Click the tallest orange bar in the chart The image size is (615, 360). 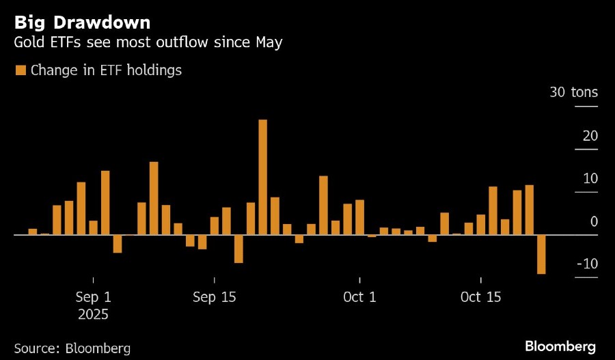click(x=262, y=177)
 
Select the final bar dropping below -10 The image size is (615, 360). click(x=541, y=254)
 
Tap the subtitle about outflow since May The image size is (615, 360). click(x=148, y=43)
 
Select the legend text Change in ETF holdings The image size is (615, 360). click(x=106, y=70)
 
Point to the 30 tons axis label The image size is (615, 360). click(x=573, y=92)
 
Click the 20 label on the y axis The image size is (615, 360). click(x=590, y=136)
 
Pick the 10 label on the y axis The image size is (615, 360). click(x=590, y=179)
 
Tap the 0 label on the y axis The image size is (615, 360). click(x=594, y=222)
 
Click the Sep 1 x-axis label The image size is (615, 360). click(x=93, y=298)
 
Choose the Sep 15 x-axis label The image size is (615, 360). click(x=214, y=298)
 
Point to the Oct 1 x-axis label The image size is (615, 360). click(x=359, y=298)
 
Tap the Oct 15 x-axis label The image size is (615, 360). click(x=480, y=298)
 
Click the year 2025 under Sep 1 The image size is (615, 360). click(x=93, y=315)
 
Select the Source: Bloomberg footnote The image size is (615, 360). click(x=72, y=348)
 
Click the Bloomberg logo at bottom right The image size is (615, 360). click(x=560, y=346)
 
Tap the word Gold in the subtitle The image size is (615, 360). click(x=29, y=43)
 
